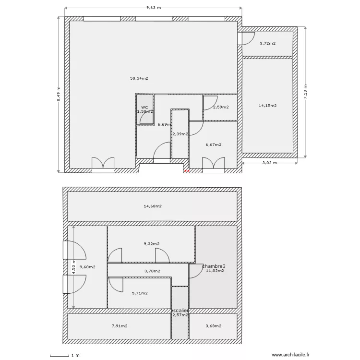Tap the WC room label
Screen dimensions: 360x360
[x=144, y=107]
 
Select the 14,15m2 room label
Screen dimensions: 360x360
[x=267, y=106]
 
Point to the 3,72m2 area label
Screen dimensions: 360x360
[x=267, y=44]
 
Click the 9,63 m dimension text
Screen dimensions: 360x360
[x=153, y=8]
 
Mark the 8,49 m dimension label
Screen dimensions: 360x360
[x=59, y=94]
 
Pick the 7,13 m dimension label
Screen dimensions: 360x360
[x=305, y=91]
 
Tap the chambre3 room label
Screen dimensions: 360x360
[x=214, y=266]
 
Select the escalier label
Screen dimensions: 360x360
[x=180, y=311]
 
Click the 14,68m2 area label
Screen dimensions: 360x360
[x=152, y=206]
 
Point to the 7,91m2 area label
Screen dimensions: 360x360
[x=119, y=326]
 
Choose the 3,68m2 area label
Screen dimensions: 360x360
[x=213, y=326]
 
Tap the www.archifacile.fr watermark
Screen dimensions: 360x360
[x=291, y=355]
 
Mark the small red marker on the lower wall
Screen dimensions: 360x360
[x=187, y=170]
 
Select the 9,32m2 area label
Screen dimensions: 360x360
[x=151, y=244]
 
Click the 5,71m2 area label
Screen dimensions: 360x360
[x=139, y=293]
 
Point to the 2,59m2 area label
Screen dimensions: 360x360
[x=221, y=107]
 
